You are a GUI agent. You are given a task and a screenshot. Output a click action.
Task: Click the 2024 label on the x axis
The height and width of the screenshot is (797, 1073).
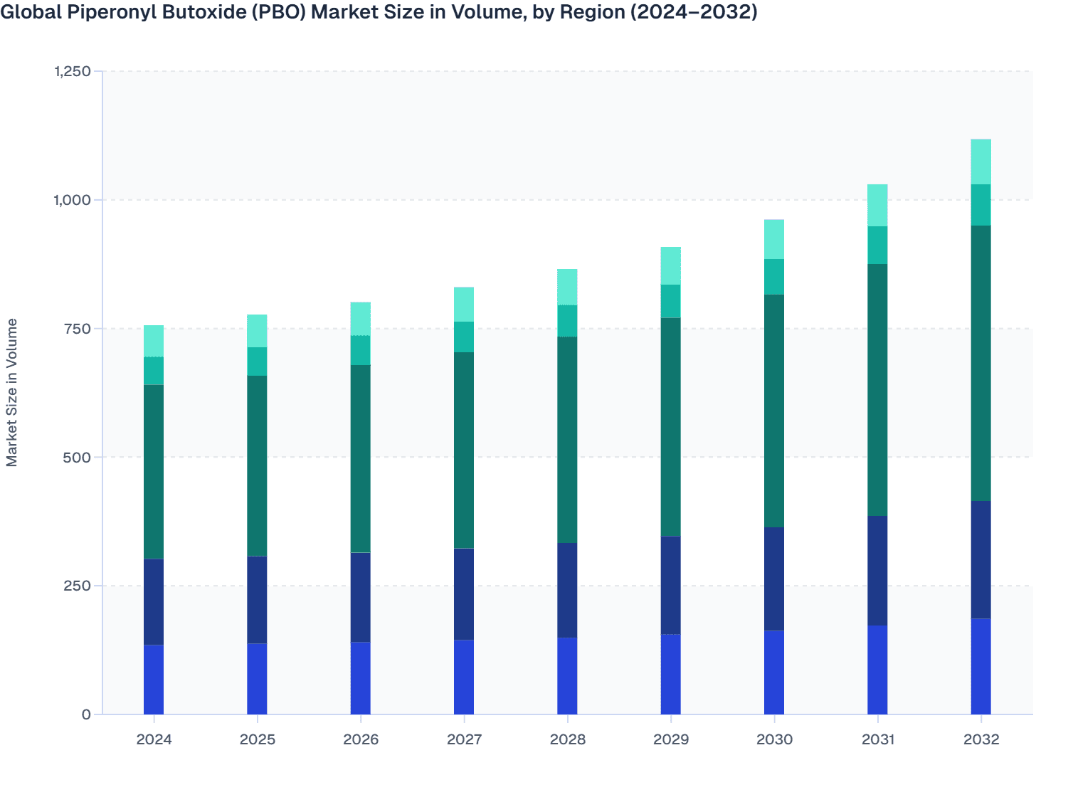(154, 739)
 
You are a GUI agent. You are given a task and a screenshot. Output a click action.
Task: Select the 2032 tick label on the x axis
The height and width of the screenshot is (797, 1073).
(981, 739)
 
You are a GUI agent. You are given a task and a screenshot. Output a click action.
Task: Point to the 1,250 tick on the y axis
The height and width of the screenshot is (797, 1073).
(73, 71)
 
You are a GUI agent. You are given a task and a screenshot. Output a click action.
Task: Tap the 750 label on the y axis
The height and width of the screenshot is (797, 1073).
(77, 329)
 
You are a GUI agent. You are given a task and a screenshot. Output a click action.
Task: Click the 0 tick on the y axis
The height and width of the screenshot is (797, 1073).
(86, 714)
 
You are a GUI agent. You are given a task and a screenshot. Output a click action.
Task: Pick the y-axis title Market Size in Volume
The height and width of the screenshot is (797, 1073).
(12, 392)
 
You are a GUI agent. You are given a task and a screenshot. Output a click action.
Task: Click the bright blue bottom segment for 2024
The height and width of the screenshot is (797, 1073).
(154, 680)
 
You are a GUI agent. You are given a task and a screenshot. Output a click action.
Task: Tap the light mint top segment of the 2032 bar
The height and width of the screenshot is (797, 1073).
(981, 162)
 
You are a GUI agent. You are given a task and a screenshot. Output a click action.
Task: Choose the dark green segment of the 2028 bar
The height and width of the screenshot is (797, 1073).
(567, 440)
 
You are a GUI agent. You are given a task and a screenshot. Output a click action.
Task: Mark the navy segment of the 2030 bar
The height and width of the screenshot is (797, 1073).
(774, 579)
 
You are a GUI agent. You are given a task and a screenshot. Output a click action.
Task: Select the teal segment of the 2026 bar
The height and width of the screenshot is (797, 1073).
(361, 350)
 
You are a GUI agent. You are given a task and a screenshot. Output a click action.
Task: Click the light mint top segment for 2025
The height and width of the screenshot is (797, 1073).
(257, 331)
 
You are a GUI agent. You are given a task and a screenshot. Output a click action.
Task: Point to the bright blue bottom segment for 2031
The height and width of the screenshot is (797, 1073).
(877, 670)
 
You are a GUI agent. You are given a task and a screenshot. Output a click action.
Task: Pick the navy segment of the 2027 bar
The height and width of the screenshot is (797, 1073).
(464, 594)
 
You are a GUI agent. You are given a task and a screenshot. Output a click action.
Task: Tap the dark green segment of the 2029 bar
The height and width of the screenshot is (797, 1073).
(670, 427)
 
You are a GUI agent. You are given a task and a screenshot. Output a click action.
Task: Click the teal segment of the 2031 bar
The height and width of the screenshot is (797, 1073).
(877, 246)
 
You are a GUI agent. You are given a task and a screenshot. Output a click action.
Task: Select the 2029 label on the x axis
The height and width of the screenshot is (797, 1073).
(670, 739)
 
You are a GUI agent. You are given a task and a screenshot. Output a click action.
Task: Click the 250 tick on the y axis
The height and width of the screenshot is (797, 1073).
(77, 586)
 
